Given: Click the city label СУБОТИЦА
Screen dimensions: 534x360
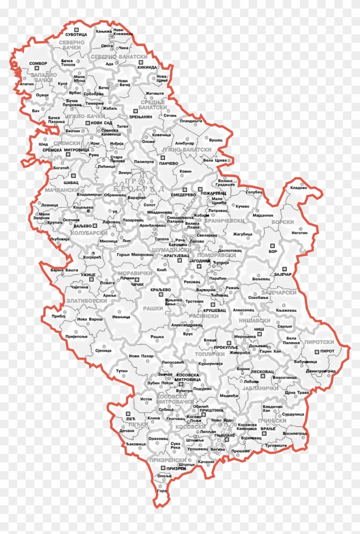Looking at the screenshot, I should [x=76, y=34].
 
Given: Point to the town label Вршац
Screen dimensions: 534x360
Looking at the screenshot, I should [x=216, y=140].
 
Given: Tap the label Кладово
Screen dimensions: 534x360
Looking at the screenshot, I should [x=299, y=188].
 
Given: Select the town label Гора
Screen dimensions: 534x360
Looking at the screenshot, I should [x=162, y=490].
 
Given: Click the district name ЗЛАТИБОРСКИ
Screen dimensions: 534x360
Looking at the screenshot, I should [x=87, y=301].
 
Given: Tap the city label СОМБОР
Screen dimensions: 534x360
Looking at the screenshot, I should [x=38, y=63].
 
